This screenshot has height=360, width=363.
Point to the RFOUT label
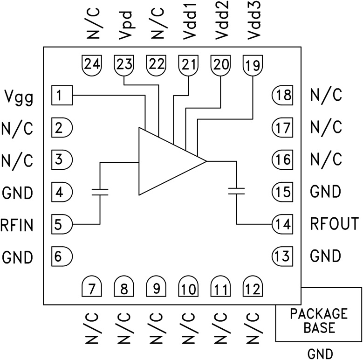pyautogui.click(x=334, y=225)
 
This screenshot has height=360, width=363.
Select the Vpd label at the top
pyautogui.click(x=125, y=28)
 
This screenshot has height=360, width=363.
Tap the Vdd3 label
pyautogui.click(x=253, y=23)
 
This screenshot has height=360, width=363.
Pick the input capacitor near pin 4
pyautogui.click(x=100, y=191)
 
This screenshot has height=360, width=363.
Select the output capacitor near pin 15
pyautogui.click(x=237, y=190)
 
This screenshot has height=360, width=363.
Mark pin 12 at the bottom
pyautogui.click(x=252, y=287)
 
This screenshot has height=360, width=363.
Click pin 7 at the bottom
pyautogui.click(x=92, y=287)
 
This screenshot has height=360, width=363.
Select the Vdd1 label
pyautogui.click(x=189, y=23)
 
